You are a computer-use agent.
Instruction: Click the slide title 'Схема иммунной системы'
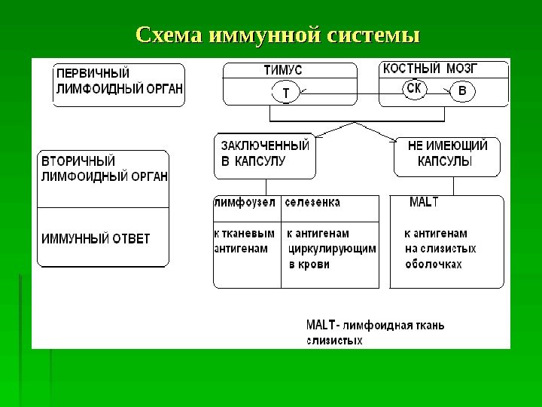[276, 35]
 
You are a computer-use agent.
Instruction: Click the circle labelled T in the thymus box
[285, 94]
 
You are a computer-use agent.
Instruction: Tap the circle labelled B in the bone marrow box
[462, 92]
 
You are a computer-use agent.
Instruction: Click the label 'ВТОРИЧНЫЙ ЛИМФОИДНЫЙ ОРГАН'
[104, 168]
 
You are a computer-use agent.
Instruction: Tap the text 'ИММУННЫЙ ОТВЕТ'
[95, 239]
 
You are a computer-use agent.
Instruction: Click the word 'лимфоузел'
[246, 203]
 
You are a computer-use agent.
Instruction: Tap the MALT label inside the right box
[424, 203]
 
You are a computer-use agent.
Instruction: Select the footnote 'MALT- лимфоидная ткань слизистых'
[375, 333]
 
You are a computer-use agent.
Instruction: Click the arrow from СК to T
[346, 94]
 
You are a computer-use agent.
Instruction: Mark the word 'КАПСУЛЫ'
[445, 162]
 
